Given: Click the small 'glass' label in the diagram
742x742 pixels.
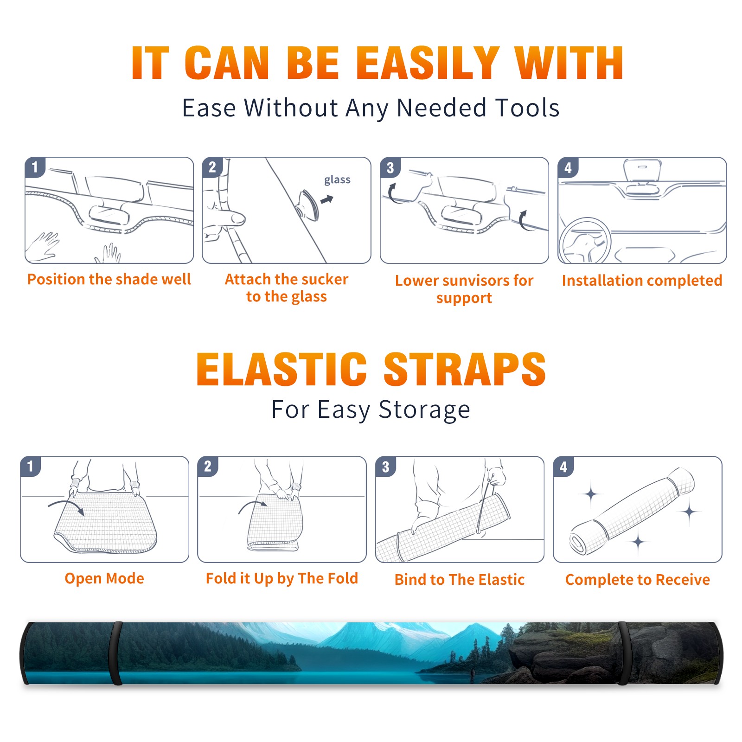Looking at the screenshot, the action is tap(337, 180).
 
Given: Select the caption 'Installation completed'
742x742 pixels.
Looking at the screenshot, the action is tap(642, 281).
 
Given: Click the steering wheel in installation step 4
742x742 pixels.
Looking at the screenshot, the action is tap(584, 241).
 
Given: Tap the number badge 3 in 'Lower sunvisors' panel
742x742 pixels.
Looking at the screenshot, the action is tap(390, 167).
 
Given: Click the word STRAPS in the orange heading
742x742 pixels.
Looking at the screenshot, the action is tap(465, 369).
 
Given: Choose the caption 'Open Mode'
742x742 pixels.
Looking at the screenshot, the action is tap(104, 578).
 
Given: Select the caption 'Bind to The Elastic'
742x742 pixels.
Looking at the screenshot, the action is tap(460, 580).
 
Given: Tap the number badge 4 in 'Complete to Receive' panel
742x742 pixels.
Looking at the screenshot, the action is tap(563, 467).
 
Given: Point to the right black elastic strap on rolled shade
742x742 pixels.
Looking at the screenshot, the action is tap(623, 653).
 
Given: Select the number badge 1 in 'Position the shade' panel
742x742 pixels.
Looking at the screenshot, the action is tap(35, 166).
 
